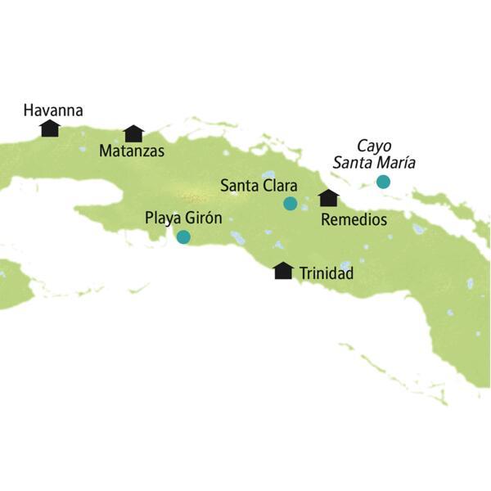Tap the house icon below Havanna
[50, 128]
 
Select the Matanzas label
[131, 151]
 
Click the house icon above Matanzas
[133, 133]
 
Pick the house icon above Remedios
[329, 198]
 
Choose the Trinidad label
[327, 273]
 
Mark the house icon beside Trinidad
[283, 271]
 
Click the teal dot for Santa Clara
[290, 204]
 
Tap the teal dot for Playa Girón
[183, 237]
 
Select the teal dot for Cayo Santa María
[382, 182]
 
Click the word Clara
[279, 186]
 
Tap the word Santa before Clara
[240, 186]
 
